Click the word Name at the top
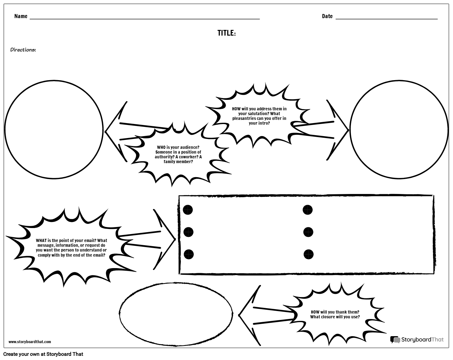point(21,16)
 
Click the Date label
point(327,16)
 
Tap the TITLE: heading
point(226,33)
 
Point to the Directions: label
point(23,50)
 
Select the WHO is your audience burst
point(178,155)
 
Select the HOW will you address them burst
point(259,116)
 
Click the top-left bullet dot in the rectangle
point(188,210)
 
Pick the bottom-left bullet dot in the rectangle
point(189,254)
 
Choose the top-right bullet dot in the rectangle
point(307,210)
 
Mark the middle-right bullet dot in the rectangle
point(308,232)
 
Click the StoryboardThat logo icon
point(395,340)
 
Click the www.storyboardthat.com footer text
point(30,342)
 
